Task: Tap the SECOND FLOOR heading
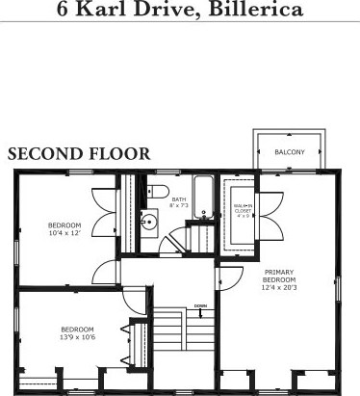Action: [78, 154]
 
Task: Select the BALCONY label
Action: [289, 152]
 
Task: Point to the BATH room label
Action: [179, 199]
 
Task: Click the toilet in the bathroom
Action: [160, 190]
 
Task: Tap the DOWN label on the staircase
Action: [198, 306]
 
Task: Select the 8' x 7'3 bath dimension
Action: [179, 206]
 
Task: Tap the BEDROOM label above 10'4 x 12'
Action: [65, 224]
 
